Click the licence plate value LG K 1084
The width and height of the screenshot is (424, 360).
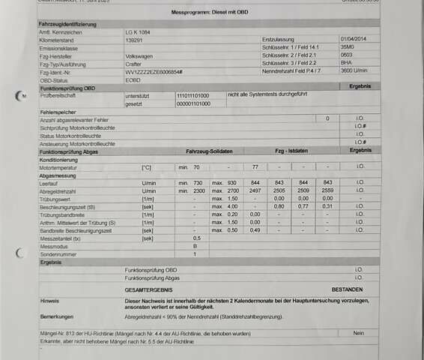(139, 34)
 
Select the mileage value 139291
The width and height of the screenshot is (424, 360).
(134, 40)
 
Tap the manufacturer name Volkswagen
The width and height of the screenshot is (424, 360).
(139, 55)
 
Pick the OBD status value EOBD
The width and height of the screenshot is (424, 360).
(132, 79)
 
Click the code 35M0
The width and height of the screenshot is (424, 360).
(347, 47)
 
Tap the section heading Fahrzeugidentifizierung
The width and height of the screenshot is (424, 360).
(67, 25)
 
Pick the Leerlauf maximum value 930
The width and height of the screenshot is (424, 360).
(232, 183)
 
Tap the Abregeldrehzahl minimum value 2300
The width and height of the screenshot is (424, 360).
(199, 191)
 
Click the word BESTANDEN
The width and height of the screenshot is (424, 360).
(347, 289)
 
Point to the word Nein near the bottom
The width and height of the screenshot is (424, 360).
(360, 333)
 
